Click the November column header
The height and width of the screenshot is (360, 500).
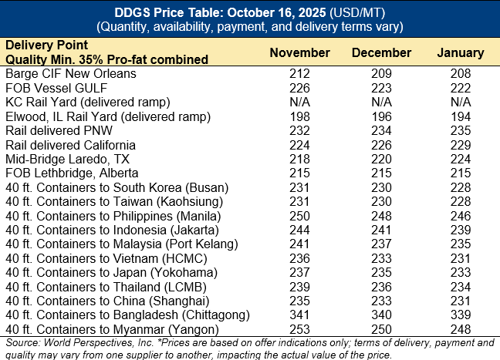[x=299, y=53]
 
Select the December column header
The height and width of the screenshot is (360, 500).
[x=380, y=53]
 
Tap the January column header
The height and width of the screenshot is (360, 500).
[x=461, y=53]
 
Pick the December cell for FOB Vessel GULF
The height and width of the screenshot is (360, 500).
[x=380, y=88]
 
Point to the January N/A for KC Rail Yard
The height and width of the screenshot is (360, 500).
[x=461, y=102]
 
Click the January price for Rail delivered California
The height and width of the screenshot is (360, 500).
[x=461, y=144]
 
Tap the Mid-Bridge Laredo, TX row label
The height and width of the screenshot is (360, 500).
[x=67, y=158]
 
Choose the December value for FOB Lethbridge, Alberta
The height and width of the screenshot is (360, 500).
[x=380, y=173]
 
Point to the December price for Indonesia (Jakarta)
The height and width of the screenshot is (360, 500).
[x=380, y=229]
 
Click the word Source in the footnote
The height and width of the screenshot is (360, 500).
[x=21, y=341]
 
